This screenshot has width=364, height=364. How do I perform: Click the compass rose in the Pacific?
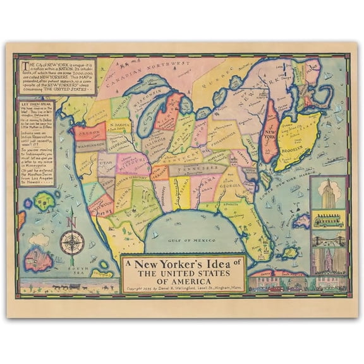(x=72, y=242)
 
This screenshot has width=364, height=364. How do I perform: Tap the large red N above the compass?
(x=72, y=222)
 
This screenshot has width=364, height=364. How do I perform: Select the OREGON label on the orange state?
(x=89, y=133)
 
